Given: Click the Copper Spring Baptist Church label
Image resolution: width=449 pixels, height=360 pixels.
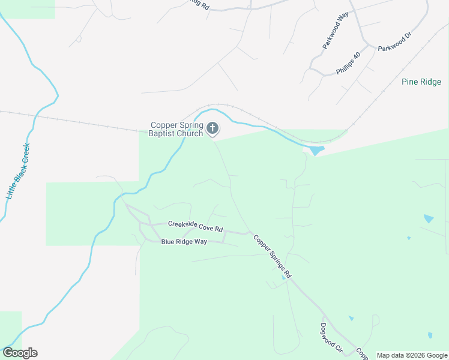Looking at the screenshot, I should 177,130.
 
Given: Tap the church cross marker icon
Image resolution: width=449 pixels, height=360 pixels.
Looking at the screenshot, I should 212,128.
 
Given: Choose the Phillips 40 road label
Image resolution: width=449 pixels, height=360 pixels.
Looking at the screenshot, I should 348,63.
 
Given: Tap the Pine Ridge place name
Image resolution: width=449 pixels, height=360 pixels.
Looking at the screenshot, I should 421,82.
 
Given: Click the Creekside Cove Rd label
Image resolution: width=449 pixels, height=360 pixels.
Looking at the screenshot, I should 195,227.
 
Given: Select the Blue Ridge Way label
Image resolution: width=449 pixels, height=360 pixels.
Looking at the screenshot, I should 184,241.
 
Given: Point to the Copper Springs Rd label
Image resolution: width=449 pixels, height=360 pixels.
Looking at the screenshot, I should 272,256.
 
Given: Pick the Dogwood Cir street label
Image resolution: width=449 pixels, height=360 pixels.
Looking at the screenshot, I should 330,338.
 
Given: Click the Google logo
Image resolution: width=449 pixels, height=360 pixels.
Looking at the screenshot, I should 20,353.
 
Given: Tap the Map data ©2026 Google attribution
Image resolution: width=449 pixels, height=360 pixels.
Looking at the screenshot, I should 411,355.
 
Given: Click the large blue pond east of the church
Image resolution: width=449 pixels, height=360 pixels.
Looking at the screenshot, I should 316,150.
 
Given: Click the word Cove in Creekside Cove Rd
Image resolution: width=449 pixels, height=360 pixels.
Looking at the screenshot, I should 202,227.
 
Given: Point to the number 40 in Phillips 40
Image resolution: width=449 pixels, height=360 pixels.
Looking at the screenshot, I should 357,56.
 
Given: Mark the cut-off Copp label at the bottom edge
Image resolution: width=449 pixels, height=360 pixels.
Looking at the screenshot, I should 362,354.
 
